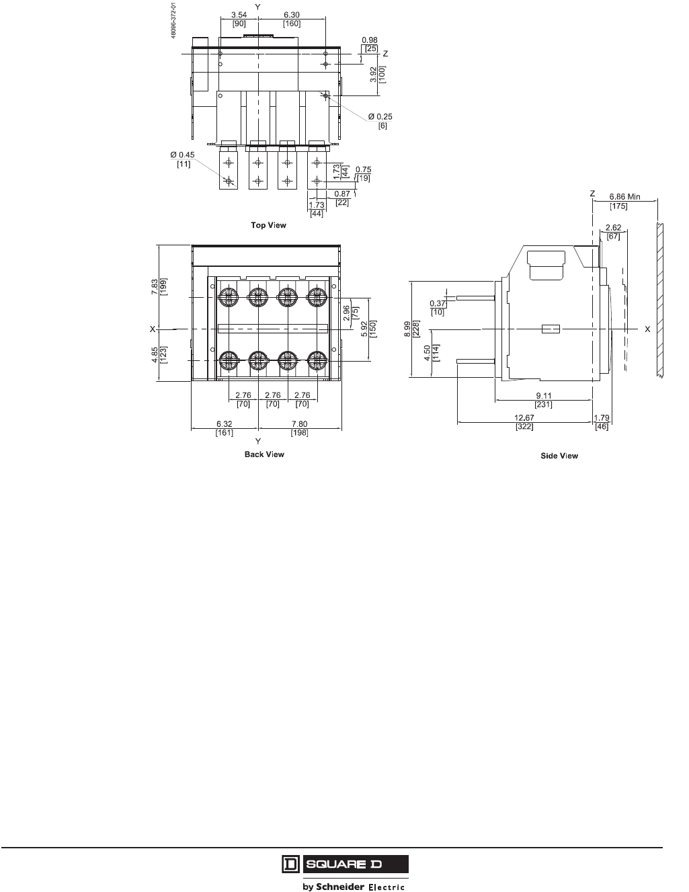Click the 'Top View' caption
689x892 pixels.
(268, 225)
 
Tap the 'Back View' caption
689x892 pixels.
(264, 454)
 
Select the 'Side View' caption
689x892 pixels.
(559, 456)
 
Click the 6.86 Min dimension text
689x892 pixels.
(624, 197)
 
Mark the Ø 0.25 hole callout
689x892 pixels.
(380, 116)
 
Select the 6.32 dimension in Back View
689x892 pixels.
(225, 424)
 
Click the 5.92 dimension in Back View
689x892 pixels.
(365, 329)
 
